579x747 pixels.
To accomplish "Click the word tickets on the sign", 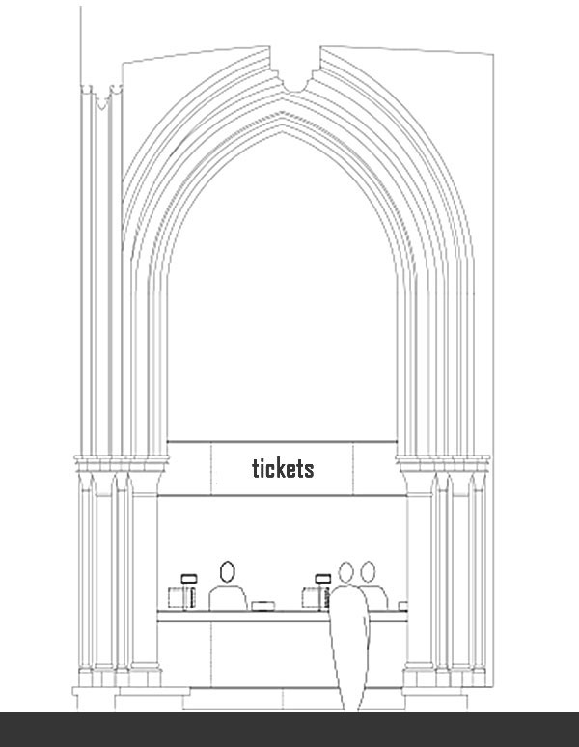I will tap(283, 468).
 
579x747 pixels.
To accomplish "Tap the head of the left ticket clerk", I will tap(228, 570).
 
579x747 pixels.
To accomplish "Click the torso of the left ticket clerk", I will tap(228, 596).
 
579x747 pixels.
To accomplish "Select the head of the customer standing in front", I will tap(346, 573).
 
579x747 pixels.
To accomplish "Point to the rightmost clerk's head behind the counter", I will tap(368, 572).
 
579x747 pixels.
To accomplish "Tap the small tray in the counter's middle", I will tap(262, 606).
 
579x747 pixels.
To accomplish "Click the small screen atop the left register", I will tap(189, 579).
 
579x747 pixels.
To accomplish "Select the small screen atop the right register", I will tap(322, 579).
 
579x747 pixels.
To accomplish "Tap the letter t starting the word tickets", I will tap(256, 469).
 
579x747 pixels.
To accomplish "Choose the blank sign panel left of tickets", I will tap(189, 468).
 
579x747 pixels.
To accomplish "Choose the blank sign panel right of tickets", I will tap(374, 468).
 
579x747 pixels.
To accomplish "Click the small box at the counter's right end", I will tap(402, 606).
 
